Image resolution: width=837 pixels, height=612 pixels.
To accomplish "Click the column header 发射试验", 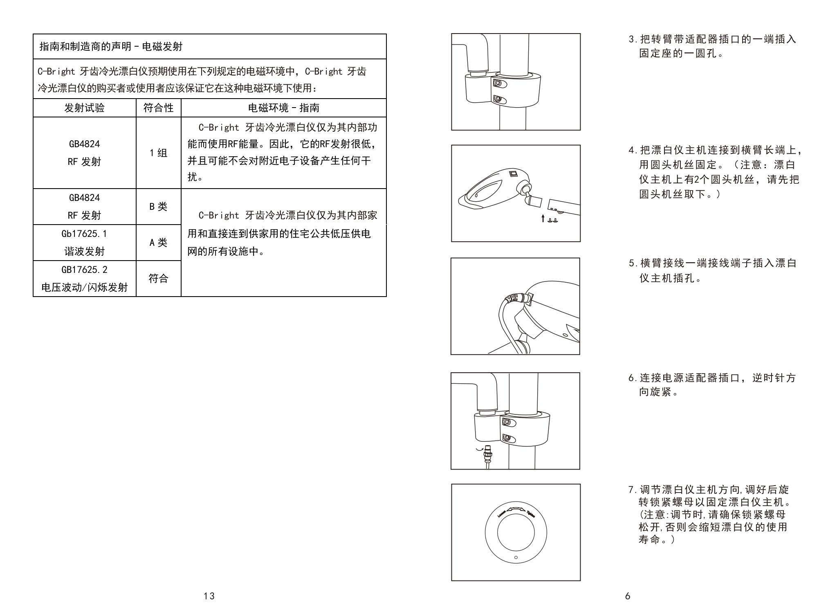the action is click(x=84, y=108).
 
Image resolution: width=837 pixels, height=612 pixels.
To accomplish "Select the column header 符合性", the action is click(x=158, y=108).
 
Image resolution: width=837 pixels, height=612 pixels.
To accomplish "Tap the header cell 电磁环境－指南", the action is click(x=283, y=108).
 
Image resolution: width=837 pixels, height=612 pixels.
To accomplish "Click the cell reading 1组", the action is click(x=158, y=153).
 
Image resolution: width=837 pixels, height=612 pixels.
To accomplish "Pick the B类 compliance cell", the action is click(x=158, y=207).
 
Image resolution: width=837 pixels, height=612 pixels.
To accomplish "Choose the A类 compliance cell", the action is click(x=158, y=243).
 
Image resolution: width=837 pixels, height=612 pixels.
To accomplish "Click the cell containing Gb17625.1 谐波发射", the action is click(x=84, y=243).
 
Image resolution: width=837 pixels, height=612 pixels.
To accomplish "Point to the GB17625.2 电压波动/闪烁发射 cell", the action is click(x=84, y=279).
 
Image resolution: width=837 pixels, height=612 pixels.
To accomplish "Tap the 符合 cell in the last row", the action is click(x=158, y=279).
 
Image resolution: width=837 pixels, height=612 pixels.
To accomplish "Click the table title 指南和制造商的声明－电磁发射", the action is click(x=111, y=47).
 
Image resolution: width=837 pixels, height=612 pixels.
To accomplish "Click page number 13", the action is click(x=209, y=596).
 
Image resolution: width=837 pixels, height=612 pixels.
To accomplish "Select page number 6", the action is click(x=628, y=596).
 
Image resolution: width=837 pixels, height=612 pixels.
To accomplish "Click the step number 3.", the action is click(x=632, y=40).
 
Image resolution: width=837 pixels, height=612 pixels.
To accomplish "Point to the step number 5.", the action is click(x=632, y=263).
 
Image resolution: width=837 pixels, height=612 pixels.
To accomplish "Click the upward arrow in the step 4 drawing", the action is click(x=543, y=218).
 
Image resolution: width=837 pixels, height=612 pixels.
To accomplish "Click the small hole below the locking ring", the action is click(x=516, y=557).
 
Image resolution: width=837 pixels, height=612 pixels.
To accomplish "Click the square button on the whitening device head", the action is click(x=513, y=174).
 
